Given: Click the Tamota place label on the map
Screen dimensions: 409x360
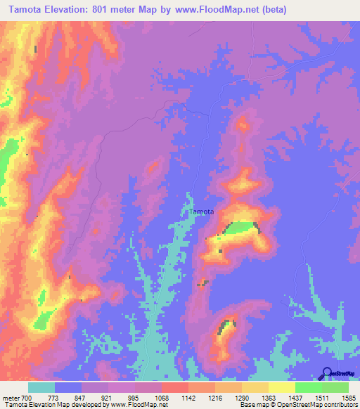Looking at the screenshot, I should pyautogui.click(x=202, y=211).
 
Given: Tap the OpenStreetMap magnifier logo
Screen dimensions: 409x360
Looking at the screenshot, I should pyautogui.click(x=328, y=372).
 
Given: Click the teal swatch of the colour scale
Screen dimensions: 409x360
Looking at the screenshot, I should pyautogui.click(x=41, y=387).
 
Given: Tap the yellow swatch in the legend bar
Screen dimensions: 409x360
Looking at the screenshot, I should pyautogui.click(x=281, y=387).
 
